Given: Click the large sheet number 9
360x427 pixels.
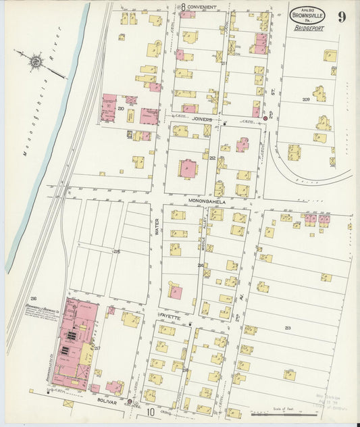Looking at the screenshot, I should point(342,16).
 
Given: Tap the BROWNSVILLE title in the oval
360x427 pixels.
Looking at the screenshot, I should point(307,16).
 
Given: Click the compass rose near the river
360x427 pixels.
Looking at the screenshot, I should point(35,61).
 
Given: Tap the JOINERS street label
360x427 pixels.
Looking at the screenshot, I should point(202,119).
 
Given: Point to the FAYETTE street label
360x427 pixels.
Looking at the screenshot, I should point(170,316).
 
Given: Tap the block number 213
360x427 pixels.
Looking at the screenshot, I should point(288,328).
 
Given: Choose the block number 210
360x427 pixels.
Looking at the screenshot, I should point(121,108).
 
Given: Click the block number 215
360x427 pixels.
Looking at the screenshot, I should point(117,252).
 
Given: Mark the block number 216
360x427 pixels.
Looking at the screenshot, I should point(32,298).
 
